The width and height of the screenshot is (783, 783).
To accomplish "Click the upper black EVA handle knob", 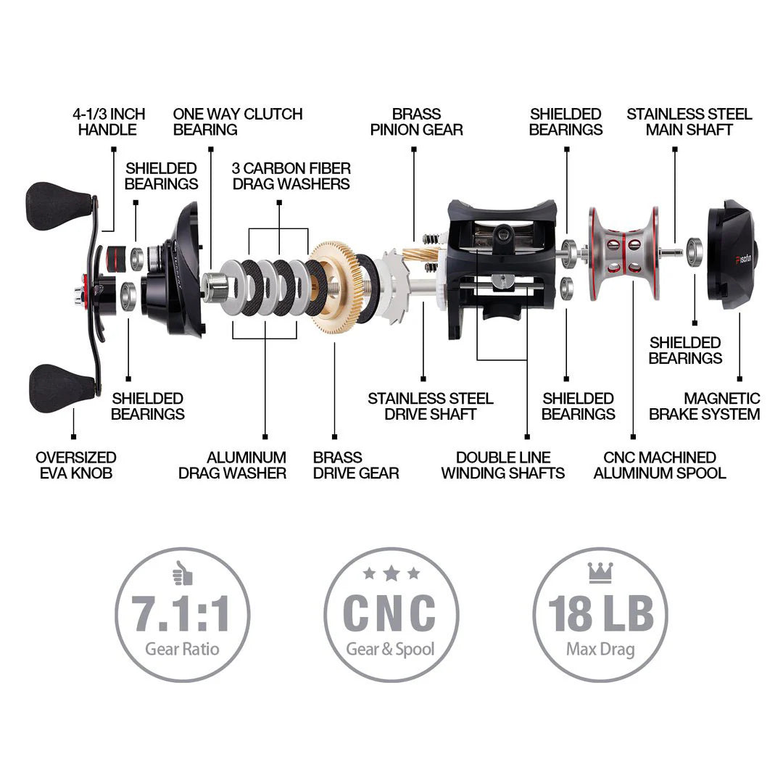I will [x=57, y=205].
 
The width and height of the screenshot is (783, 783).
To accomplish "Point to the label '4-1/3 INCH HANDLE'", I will [x=108, y=122].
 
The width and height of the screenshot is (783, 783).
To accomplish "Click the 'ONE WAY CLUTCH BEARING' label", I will [x=237, y=122].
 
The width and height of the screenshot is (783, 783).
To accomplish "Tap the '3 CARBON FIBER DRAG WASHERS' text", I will [x=291, y=176].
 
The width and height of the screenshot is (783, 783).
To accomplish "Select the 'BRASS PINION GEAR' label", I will [x=416, y=122].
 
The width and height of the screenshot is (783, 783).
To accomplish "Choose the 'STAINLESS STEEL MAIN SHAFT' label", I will [x=689, y=122].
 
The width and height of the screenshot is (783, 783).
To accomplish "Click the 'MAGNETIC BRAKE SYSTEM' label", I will [x=704, y=406].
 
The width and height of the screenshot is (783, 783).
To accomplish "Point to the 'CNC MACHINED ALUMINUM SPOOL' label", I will [x=659, y=465].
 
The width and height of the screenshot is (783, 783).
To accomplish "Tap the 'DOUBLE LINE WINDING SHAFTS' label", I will [x=502, y=465].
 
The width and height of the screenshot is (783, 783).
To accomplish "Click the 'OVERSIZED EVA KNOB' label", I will [x=75, y=465].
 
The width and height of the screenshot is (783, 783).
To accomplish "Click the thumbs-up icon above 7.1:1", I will [x=182, y=574].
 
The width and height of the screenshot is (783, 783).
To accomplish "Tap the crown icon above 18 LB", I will [x=600, y=573].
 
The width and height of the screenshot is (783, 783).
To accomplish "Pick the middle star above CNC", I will [x=391, y=573].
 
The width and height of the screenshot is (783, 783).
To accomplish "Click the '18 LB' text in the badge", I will [x=600, y=614].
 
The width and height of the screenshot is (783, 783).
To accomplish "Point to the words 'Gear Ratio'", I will [x=182, y=648].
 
